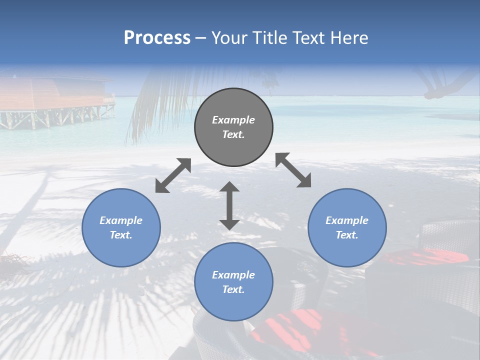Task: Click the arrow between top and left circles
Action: click(x=173, y=175)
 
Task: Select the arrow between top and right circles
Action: click(x=293, y=170)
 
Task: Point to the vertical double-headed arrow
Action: click(x=229, y=205)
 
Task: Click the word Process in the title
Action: click(x=157, y=37)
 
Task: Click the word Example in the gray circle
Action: click(x=233, y=120)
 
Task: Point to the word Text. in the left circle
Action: click(x=121, y=235)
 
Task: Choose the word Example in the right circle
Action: click(x=347, y=220)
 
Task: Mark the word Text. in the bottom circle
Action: click(x=233, y=289)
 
